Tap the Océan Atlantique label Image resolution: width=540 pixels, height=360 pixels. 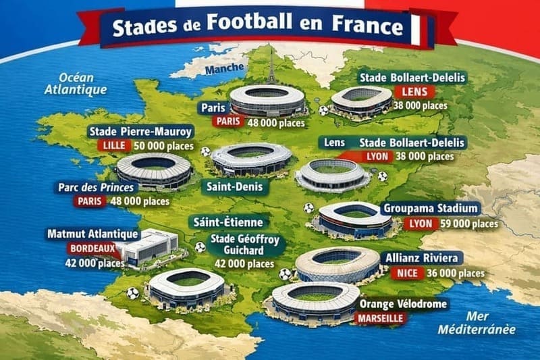coord(74,82)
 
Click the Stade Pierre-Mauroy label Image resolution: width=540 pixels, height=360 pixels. coord(140,131)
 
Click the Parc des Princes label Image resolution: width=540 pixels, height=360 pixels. coord(106,187)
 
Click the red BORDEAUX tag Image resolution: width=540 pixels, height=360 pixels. coord(91,248)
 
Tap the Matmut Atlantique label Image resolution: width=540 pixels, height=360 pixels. coord(92,234)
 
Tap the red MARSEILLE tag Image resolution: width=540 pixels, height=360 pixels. coord(381,318)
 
